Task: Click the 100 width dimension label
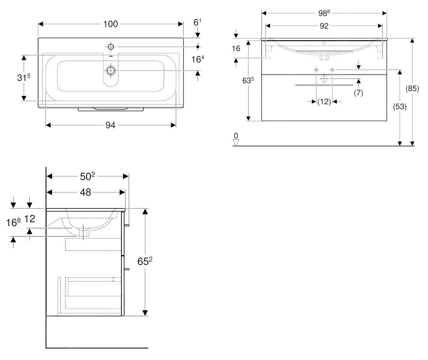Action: tap(111, 24)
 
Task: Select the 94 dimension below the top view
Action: tap(111, 125)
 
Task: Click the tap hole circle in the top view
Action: tap(111, 47)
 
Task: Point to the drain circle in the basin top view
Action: tap(111, 71)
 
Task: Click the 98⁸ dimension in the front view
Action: tap(324, 13)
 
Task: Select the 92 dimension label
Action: tap(324, 26)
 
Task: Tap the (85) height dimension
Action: tap(412, 89)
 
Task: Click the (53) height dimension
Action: tap(400, 106)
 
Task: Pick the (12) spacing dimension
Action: tap(324, 102)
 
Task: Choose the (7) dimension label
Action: tap(358, 93)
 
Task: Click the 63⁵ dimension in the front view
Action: tap(248, 81)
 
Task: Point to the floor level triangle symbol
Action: tap(235, 143)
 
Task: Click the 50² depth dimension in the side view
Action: tap(87, 176)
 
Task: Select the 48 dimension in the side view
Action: tap(86, 192)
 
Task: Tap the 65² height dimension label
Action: tap(145, 262)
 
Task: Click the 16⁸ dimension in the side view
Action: tap(14, 223)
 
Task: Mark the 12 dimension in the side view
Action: tap(30, 219)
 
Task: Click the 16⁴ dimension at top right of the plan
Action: tap(198, 59)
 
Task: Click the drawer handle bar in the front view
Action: tap(324, 85)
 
